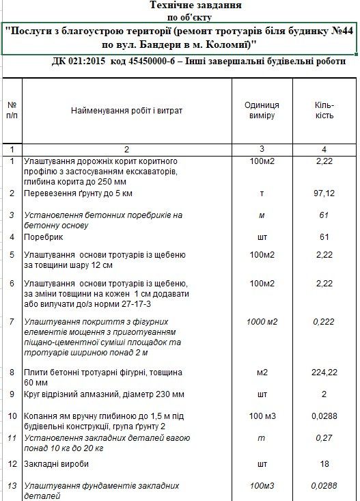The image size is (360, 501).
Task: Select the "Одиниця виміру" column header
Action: click(262, 110)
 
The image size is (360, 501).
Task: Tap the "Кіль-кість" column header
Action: click(324, 110)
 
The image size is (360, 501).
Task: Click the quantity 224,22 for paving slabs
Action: click(324, 373)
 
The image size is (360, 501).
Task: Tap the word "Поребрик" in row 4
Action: click(40, 237)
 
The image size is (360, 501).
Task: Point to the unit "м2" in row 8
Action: click(262, 373)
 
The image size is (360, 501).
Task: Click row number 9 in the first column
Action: click(12, 394)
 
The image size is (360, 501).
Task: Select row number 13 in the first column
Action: click(12, 486)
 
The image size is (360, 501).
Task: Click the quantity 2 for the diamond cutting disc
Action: click(324, 394)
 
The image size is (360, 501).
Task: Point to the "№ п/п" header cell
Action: click(12, 110)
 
